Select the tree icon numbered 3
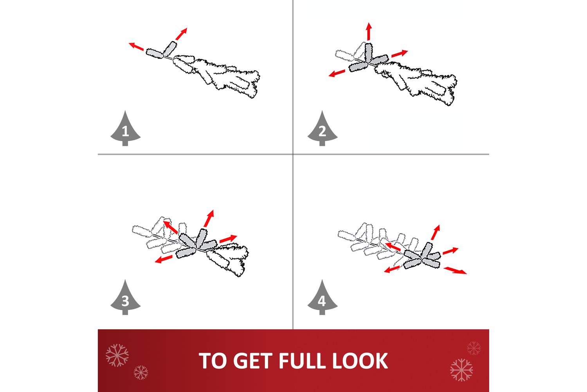[125, 298]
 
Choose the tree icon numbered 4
[322, 298]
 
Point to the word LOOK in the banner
[360, 361]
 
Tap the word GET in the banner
[253, 361]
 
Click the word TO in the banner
[213, 361]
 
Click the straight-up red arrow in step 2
[369, 31]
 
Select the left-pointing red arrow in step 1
[136, 46]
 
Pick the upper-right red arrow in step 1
[181, 34]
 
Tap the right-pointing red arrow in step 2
[400, 53]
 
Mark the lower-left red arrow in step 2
[337, 73]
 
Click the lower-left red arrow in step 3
[164, 260]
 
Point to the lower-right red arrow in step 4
[455, 271]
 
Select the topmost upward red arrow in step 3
[209, 218]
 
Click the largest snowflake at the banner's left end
[117, 355]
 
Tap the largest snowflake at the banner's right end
[461, 370]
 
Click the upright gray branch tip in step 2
[369, 53]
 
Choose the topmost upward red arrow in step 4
[436, 232]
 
